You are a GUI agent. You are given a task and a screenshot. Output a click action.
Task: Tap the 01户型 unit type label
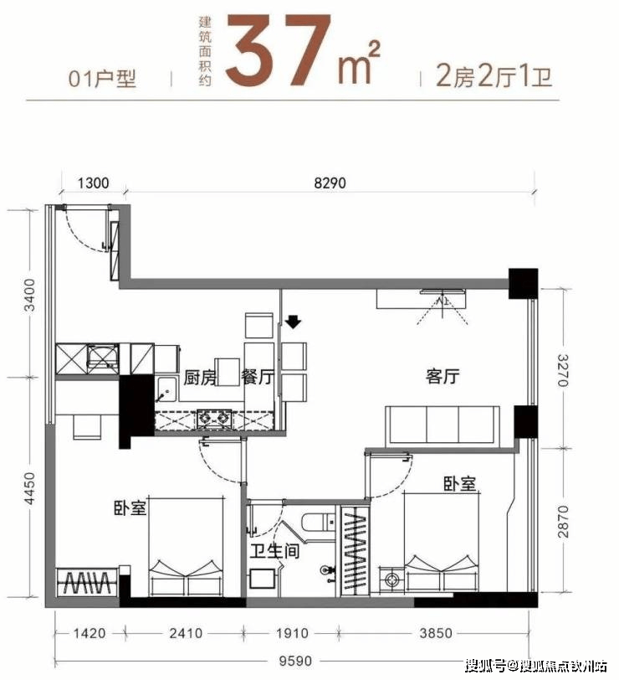(103, 79)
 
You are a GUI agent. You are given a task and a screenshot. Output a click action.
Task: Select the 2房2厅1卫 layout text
(494, 76)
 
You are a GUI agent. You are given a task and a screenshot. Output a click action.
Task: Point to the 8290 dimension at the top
(330, 183)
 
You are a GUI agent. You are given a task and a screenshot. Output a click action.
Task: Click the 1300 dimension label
(93, 183)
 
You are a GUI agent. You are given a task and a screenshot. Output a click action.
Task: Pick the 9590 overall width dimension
(295, 661)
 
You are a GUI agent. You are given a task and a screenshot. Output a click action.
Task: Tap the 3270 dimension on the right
(563, 370)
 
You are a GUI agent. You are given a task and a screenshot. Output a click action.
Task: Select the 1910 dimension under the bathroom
(293, 633)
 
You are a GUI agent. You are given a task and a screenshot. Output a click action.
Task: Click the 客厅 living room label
(443, 376)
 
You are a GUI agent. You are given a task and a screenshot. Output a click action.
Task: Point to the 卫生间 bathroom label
(274, 551)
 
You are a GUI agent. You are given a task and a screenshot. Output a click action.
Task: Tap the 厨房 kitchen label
(200, 378)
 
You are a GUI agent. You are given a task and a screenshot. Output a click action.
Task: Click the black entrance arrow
(294, 322)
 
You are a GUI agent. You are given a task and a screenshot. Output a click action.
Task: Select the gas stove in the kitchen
(213, 419)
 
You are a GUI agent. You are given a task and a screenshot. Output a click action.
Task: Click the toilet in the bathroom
(319, 523)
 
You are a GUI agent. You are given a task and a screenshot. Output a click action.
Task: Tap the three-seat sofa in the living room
(443, 425)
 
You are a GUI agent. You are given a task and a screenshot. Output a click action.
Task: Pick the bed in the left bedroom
(187, 547)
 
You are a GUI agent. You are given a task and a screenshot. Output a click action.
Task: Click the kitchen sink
(166, 389)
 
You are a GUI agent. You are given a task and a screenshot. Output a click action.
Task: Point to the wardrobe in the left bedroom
(87, 582)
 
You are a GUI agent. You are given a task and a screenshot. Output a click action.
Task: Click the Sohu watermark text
(536, 665)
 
